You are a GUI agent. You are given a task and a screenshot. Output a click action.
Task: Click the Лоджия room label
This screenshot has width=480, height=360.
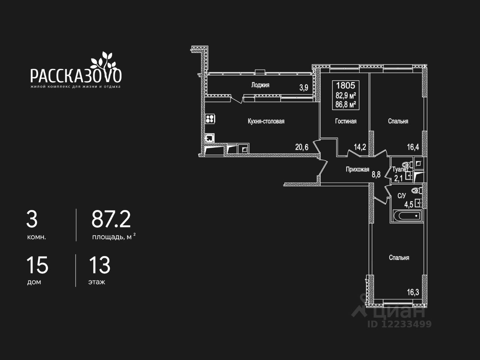tap(260, 85)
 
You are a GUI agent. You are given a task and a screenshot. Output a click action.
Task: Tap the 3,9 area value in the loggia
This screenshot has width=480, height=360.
tap(304, 88)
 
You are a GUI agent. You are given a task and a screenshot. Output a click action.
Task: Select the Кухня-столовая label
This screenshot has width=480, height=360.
tap(266, 121)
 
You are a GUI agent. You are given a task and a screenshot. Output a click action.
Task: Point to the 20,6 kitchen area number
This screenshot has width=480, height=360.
tap(302, 147)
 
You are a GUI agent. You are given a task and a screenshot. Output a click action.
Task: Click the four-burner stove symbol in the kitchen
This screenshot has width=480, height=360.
tap(210, 119)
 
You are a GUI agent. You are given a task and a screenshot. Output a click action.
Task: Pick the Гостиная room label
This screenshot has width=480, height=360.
tap(346, 121)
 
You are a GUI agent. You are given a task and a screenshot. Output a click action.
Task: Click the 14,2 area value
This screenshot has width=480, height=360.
tap(360, 147)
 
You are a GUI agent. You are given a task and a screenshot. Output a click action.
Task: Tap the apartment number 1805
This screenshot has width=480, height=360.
tap(345, 85)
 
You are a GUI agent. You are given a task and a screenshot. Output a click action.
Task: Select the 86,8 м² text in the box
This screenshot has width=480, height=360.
tap(346, 105)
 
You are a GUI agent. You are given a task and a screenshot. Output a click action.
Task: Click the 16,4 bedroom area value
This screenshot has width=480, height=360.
tap(413, 147)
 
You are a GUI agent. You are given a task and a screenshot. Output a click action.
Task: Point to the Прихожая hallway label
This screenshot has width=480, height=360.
tap(357, 169)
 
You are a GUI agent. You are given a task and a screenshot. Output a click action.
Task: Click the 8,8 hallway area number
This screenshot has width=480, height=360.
tap(376, 174)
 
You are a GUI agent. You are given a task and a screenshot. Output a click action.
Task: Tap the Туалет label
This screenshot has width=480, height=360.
tap(400, 169)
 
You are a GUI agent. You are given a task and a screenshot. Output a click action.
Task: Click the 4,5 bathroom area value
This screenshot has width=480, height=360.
tap(408, 205)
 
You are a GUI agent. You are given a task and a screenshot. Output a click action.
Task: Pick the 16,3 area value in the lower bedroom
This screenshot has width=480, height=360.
tap(413, 292)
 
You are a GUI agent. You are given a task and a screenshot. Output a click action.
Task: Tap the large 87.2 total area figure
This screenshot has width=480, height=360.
tap(111, 219)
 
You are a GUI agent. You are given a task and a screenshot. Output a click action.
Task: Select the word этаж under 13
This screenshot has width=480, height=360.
tap(97, 282)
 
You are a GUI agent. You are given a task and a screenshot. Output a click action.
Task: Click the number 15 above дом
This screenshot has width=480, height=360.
tap(37, 265)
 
